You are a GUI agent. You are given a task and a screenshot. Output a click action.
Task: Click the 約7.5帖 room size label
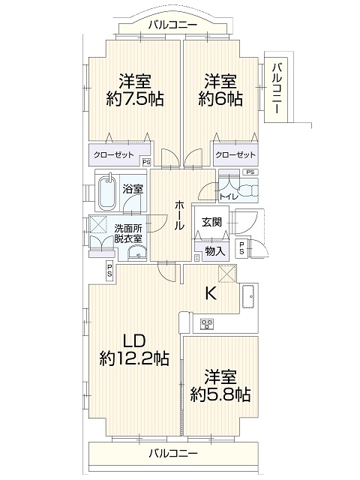tap(135, 99)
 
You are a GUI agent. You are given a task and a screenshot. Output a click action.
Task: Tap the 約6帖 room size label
tap(220, 99)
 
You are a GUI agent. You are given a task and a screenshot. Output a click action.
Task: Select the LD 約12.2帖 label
tap(134, 349)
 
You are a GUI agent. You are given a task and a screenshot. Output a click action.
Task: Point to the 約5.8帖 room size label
tap(220, 395)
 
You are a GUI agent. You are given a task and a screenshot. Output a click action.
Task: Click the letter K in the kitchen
tap(211, 294)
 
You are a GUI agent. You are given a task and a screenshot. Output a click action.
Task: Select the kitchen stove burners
tap(207, 323)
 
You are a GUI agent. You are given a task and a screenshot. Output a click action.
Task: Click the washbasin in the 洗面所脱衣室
tap(137, 253)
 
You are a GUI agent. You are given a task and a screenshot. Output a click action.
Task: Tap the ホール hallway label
tap(179, 215)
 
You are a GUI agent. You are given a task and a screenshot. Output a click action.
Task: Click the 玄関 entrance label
tap(211, 222)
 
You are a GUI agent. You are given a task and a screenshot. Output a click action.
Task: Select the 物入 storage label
tap(215, 252)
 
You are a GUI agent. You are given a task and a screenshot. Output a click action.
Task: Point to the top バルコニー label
tap(173, 25)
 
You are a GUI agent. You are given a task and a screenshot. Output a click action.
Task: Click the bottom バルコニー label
tap(173, 453)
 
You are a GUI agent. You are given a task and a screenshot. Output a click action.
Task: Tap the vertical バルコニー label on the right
tap(277, 88)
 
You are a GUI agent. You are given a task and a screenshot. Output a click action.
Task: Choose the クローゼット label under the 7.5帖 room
tap(113, 155)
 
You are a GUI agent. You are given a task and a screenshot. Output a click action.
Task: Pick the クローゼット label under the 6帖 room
tap(235, 155)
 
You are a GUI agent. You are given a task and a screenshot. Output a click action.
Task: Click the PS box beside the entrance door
tap(242, 248)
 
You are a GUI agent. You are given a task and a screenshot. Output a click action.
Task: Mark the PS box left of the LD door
tap(109, 271)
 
